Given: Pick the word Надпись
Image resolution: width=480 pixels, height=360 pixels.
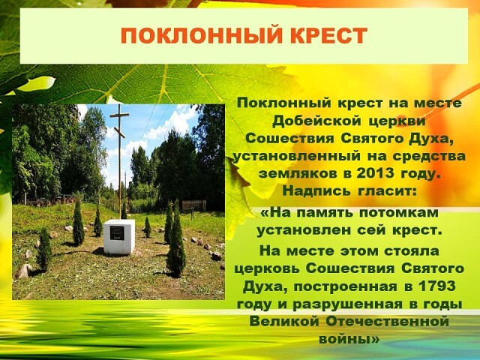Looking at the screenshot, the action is pyautogui.click(x=316, y=191).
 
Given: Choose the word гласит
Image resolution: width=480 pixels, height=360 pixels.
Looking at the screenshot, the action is pyautogui.click(x=387, y=191).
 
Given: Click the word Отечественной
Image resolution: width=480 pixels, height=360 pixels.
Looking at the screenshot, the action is pyautogui.click(x=387, y=322).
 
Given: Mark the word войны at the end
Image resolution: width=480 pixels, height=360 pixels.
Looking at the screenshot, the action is pyautogui.click(x=345, y=340).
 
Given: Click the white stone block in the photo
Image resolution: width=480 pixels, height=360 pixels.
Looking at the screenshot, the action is pyautogui.click(x=119, y=237).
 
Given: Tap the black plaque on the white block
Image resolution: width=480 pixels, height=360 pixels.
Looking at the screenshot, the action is pyautogui.click(x=117, y=233).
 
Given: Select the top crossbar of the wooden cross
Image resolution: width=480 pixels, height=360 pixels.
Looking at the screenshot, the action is pyautogui.click(x=119, y=115).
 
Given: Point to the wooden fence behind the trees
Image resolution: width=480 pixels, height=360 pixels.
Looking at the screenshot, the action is pyautogui.click(x=193, y=205).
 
